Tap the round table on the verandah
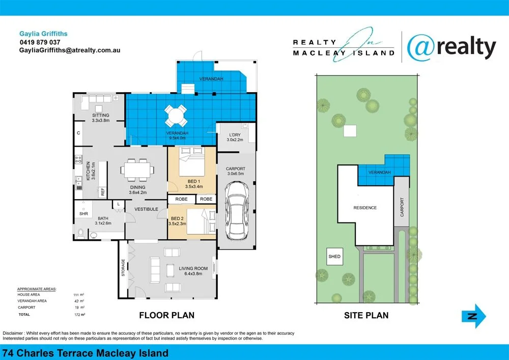[x=175, y=115]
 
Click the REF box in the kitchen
[x=102, y=192]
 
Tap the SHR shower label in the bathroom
[x=83, y=214]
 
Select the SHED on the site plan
[x=334, y=256]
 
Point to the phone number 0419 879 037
[x=40, y=42]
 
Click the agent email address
[x=69, y=50]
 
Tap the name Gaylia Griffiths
[x=43, y=34]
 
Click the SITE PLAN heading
[x=366, y=315]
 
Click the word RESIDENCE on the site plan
[x=365, y=208]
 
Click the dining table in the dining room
[x=137, y=169]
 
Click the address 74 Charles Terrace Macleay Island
[x=86, y=353]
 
